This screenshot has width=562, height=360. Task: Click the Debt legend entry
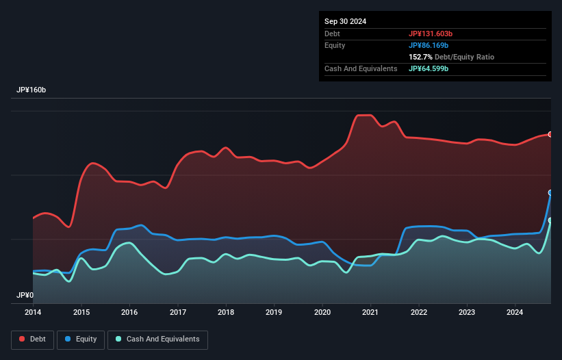(x=31, y=339)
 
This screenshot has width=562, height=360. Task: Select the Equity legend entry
(x=81, y=339)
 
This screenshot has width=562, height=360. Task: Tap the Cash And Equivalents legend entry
(x=157, y=339)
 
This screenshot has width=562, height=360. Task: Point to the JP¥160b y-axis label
(x=31, y=90)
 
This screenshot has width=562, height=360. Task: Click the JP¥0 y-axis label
(x=25, y=295)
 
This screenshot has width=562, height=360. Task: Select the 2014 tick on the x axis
(x=33, y=312)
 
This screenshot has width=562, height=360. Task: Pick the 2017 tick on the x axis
(x=177, y=312)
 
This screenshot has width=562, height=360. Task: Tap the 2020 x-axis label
(x=322, y=312)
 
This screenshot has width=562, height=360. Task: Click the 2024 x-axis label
(x=515, y=312)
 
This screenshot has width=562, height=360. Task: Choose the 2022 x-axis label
(x=419, y=312)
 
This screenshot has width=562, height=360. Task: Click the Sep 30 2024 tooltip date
(x=345, y=21)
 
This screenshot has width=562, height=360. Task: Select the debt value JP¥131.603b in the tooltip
(x=432, y=34)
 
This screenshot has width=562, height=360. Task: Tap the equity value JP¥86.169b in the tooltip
(x=430, y=45)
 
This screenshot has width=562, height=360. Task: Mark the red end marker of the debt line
(x=550, y=134)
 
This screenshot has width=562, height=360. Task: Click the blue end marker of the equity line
(x=550, y=193)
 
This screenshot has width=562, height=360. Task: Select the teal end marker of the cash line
(x=550, y=220)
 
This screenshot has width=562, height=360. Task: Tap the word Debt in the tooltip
(x=333, y=34)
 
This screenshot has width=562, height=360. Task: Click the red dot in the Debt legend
(x=22, y=339)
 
